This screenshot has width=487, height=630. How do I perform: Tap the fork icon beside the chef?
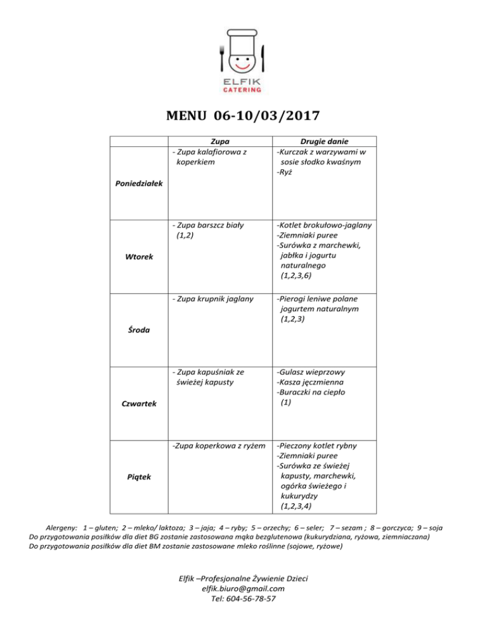coord(221,58)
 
